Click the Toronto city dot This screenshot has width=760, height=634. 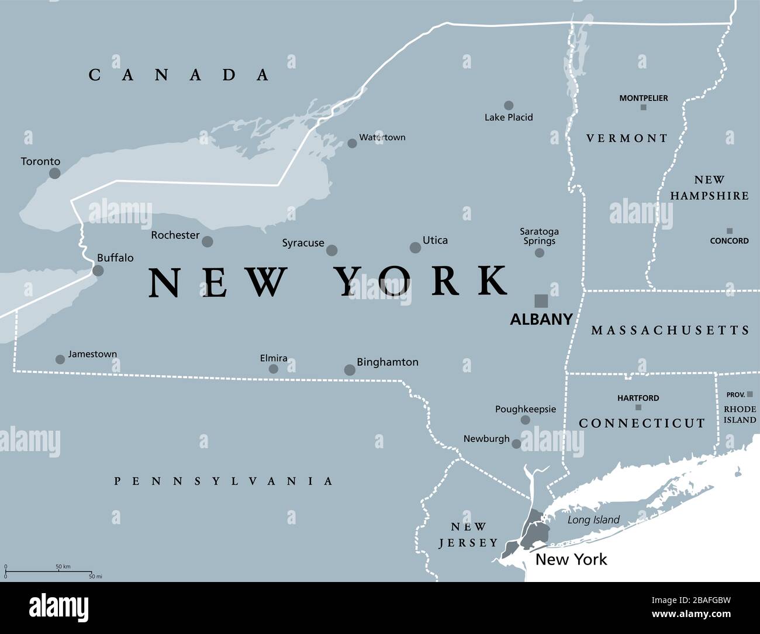(54, 173)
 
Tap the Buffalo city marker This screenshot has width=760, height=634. (98, 270)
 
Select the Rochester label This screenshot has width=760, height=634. (175, 235)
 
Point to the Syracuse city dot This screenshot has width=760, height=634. (331, 250)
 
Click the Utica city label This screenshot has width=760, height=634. (436, 240)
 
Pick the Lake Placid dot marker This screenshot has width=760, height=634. (509, 105)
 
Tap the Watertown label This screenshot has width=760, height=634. (382, 137)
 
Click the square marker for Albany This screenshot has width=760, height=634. (541, 300)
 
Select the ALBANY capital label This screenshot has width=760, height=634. (541, 319)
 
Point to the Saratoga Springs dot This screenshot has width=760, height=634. (540, 252)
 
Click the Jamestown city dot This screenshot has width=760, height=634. (60, 359)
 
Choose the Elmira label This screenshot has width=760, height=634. (274, 358)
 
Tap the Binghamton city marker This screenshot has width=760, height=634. (350, 369)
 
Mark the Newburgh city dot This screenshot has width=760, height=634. (516, 444)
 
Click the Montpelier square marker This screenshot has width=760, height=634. (643, 108)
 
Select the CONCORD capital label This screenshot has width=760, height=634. (729, 241)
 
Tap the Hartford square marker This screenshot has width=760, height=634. (638, 407)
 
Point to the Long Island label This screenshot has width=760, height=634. (593, 520)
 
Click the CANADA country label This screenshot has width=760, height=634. (179, 75)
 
